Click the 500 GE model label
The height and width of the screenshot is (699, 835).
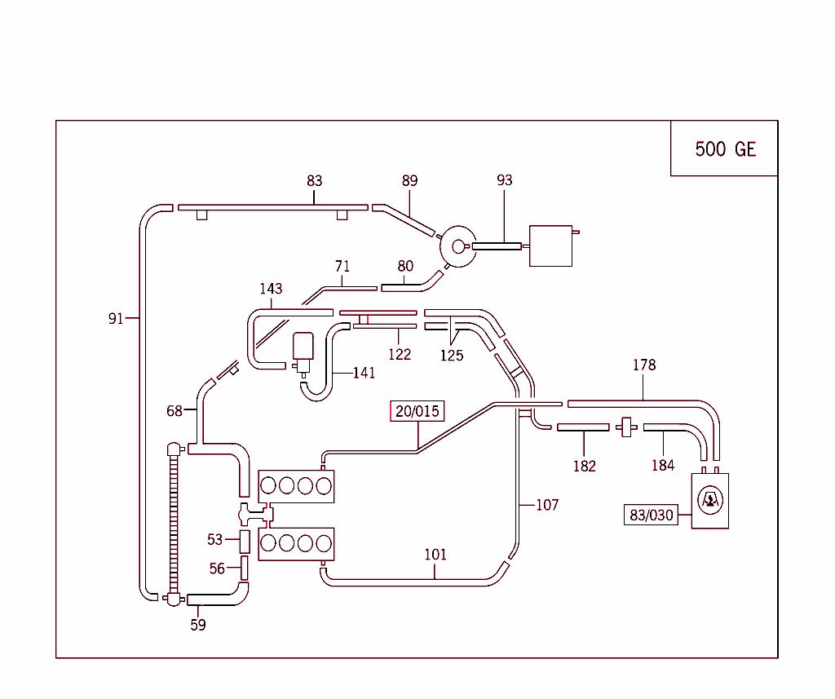click(x=725, y=148)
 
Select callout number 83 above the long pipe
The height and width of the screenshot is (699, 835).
click(x=314, y=180)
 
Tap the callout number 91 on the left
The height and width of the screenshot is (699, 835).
click(x=116, y=318)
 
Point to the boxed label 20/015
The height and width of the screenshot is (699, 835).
click(x=417, y=411)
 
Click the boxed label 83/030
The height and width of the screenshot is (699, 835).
click(x=652, y=515)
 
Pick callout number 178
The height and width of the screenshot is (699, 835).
click(x=643, y=365)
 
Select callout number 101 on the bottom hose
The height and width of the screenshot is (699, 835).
click(x=435, y=555)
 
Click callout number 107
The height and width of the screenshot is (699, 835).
click(x=547, y=505)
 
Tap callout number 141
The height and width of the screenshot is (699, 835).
click(x=364, y=373)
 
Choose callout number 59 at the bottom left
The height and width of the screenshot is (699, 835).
click(x=198, y=625)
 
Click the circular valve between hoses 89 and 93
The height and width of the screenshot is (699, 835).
click(x=457, y=245)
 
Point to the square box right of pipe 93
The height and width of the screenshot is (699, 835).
click(x=550, y=246)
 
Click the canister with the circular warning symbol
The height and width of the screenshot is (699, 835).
click(x=709, y=501)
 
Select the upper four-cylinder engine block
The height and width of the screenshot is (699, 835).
click(x=296, y=486)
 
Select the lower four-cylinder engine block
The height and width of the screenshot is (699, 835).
click(x=296, y=543)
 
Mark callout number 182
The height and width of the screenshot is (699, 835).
click(x=584, y=466)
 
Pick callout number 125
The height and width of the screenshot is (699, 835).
click(x=451, y=355)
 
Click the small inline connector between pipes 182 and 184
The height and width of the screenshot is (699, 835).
click(x=626, y=427)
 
